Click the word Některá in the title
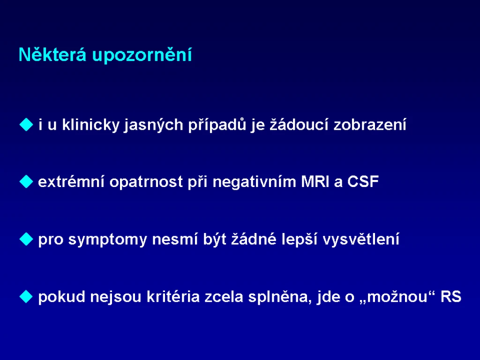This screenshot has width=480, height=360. [52, 54]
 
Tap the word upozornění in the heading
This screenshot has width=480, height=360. [142, 55]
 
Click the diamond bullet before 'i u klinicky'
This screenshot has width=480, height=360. [26, 125]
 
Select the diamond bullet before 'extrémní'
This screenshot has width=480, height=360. [26, 181]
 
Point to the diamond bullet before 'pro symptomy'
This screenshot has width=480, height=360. [26, 239]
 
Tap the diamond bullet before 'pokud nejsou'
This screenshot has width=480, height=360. [26, 296]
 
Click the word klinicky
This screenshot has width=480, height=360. [90, 125]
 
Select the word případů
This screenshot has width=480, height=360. [217, 125]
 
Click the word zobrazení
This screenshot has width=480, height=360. [370, 124]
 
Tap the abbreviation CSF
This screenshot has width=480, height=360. [363, 181]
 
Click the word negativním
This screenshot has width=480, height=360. [255, 182]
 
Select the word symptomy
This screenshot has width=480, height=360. [107, 240]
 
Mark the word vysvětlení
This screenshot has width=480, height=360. [361, 239]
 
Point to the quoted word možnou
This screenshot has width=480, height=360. [397, 296]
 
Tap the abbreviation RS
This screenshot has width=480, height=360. [450, 296]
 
